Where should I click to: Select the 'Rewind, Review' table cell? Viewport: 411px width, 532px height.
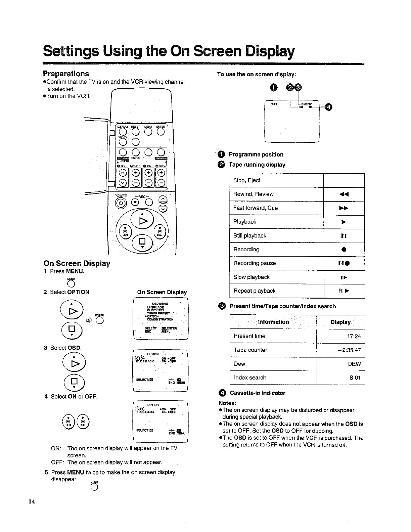coord(276,194)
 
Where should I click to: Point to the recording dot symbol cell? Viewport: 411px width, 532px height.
coord(344,250)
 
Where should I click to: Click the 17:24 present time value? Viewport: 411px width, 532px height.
coord(354,336)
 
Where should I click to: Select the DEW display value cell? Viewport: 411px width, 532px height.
coord(354,364)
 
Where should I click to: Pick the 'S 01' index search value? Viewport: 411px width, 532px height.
coord(355,378)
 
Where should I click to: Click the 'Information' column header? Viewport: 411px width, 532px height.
coord(273,322)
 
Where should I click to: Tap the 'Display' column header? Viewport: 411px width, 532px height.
coord(340,322)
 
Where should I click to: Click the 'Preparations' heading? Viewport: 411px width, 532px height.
coord(66,74)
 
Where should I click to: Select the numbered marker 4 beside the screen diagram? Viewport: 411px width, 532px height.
coord(329,107)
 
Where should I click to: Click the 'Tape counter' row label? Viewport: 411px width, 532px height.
coord(250,350)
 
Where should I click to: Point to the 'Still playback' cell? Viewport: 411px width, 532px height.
coord(276,236)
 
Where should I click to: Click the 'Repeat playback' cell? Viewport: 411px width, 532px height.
coord(276,291)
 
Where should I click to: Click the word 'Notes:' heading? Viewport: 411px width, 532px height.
coord(227,403)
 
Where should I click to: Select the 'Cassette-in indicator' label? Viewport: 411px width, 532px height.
coord(257,393)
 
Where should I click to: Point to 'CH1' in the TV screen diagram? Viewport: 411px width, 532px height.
coord(274,104)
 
